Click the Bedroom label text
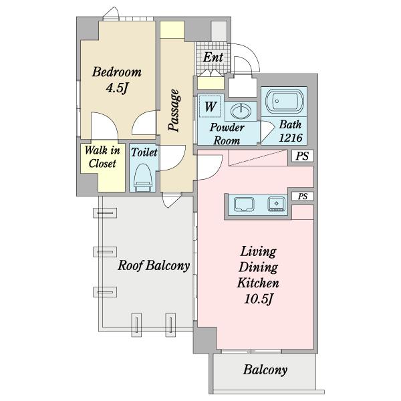pyautogui.click(x=116, y=72)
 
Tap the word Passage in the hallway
pyautogui.click(x=174, y=110)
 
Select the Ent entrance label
pyautogui.click(x=213, y=57)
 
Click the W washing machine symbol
pyautogui.click(x=211, y=106)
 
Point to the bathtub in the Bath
pyautogui.click(x=285, y=102)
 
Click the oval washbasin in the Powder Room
pyautogui.click(x=241, y=111)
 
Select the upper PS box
pyautogui.click(x=303, y=156)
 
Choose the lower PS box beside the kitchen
pyautogui.click(x=303, y=196)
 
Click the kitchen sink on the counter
pyautogui.click(x=244, y=205)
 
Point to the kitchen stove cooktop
pyautogui.click(x=277, y=204)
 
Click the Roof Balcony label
pyautogui.click(x=154, y=265)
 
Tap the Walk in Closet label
pyautogui.click(x=102, y=157)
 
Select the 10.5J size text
pyautogui.click(x=259, y=299)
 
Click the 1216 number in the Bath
pyautogui.click(x=291, y=138)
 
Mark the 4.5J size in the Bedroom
pyautogui.click(x=116, y=88)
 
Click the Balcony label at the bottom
pyautogui.click(x=265, y=370)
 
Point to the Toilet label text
pyautogui.click(x=144, y=152)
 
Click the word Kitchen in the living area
pyautogui.click(x=258, y=283)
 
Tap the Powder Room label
pyautogui.click(x=227, y=134)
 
